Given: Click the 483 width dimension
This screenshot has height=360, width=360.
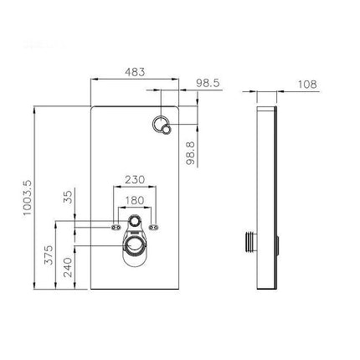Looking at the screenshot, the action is point(135,72).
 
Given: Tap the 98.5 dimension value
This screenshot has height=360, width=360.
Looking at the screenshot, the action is point(208,83).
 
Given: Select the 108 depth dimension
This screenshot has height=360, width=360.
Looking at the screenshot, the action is point(307,85).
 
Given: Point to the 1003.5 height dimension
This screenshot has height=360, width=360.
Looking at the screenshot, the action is point(28,198).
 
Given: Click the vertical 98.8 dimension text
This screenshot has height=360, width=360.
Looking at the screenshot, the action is point(191,153).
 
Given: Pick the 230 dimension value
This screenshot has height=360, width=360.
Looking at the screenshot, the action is point(135,180).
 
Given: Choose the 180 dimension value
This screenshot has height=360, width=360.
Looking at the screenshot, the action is point(135,200).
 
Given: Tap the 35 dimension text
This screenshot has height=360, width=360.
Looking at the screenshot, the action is point(68,197).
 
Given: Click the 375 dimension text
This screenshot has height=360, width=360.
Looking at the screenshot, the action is point(49,255).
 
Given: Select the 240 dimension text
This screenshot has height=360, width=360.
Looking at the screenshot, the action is point(68,267).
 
